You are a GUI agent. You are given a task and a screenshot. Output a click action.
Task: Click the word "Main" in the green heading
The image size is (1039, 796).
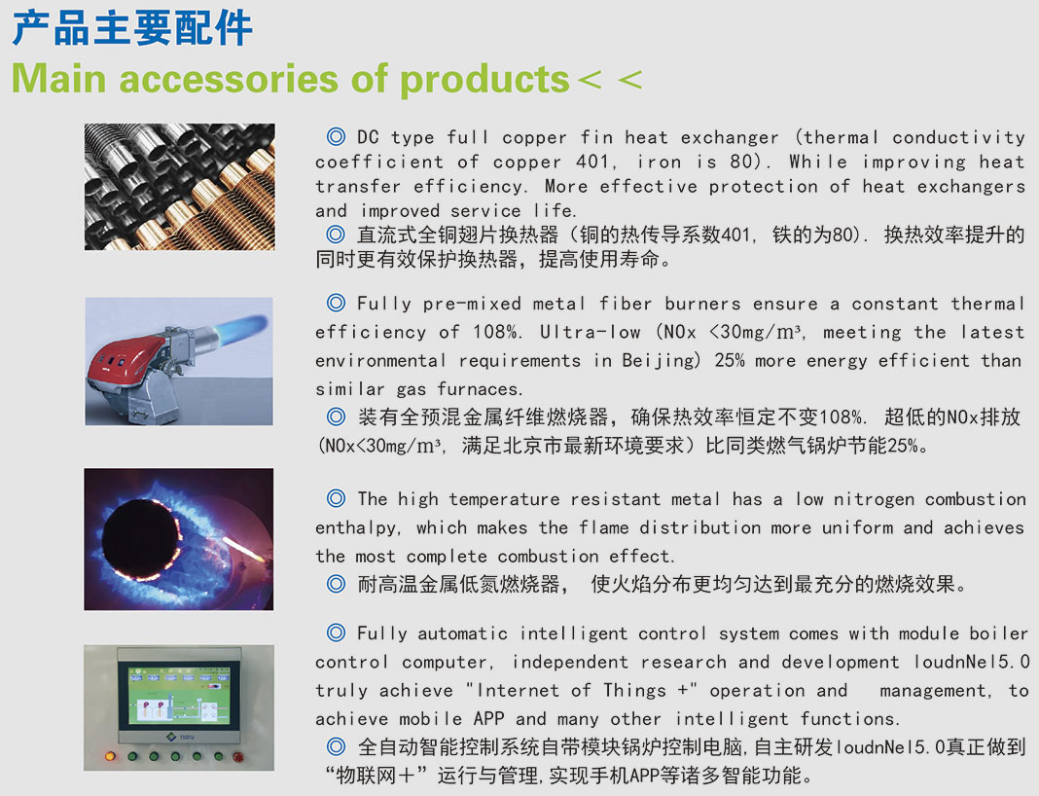coord(59,79)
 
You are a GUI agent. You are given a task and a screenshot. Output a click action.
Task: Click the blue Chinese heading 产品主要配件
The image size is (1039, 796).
coord(132,28)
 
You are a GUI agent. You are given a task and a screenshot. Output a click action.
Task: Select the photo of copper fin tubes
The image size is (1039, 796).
coord(180,187)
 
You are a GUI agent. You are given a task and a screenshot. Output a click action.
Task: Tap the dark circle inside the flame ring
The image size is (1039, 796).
coord(141,538)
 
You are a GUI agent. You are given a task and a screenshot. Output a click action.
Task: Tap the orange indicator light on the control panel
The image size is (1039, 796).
coord(110,756)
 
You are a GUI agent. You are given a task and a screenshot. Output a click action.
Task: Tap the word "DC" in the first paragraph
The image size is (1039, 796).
coord(368,137)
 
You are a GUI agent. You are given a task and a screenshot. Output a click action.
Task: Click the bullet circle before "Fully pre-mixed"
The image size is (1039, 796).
coord(336,303)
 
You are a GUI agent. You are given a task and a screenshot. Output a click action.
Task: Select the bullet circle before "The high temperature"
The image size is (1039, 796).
coord(336,498)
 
